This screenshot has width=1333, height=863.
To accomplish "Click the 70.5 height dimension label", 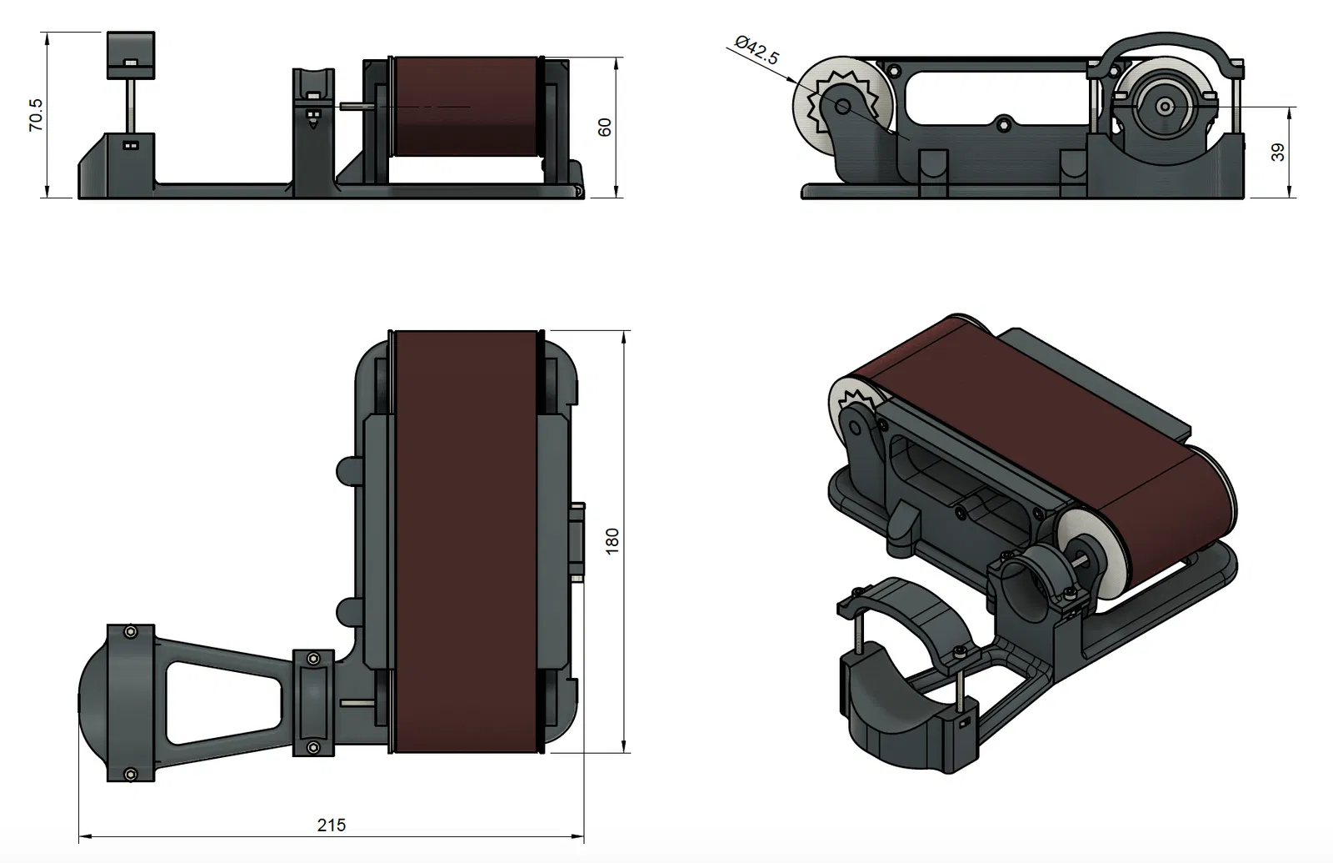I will click(x=36, y=114).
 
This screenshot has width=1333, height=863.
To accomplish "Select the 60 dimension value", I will click(x=606, y=127).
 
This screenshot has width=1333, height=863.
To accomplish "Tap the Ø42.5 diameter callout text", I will click(x=757, y=51).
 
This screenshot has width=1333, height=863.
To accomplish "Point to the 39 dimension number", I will click(x=1278, y=153).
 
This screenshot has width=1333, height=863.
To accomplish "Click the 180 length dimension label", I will click(x=612, y=541).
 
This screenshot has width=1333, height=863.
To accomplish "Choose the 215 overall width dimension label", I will click(x=332, y=825).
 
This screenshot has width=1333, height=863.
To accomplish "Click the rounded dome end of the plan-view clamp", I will click(x=93, y=703).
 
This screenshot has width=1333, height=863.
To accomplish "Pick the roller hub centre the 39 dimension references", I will click(x=1165, y=107).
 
